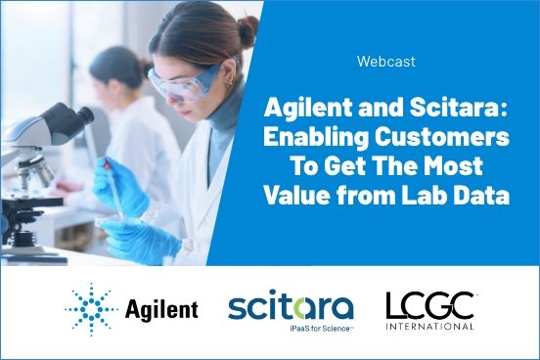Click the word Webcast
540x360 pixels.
(387, 62)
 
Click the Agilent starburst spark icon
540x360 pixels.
(90, 310)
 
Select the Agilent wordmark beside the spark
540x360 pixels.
(161, 311)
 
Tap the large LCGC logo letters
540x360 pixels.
(429, 304)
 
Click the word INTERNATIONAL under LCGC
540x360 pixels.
(429, 326)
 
